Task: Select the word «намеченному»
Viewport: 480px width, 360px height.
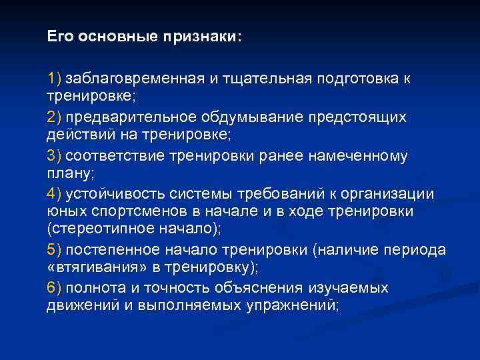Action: pos(357,156)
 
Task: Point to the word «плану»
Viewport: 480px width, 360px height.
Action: pos(69,172)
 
